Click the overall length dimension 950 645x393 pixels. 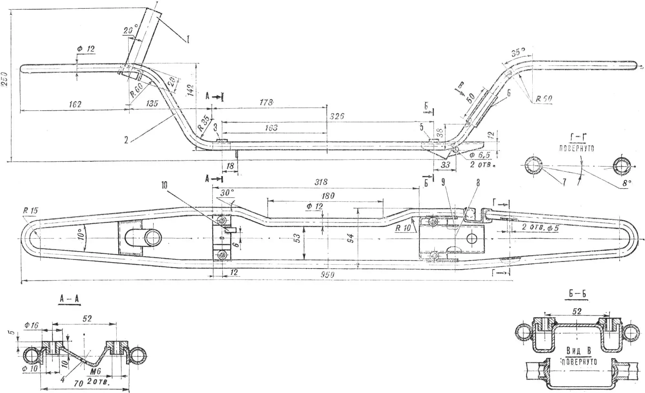tap(327, 275)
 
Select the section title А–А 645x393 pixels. tap(69, 299)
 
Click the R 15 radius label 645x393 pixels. tap(30, 211)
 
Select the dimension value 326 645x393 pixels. tap(337, 116)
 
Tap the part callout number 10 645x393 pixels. tap(164, 185)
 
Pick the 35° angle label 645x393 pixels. tap(518, 52)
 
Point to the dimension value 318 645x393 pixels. tap(321, 182)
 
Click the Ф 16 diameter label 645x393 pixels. tap(31, 325)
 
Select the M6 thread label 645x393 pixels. tap(96, 372)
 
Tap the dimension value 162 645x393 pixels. tap(75, 104)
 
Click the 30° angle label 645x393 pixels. tap(227, 193)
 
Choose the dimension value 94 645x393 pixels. tap(351, 238)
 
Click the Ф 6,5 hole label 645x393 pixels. tap(480, 156)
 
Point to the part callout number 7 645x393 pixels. tap(564, 182)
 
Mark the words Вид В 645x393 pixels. tap(578, 351)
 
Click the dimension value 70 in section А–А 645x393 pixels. tap(79, 384)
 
